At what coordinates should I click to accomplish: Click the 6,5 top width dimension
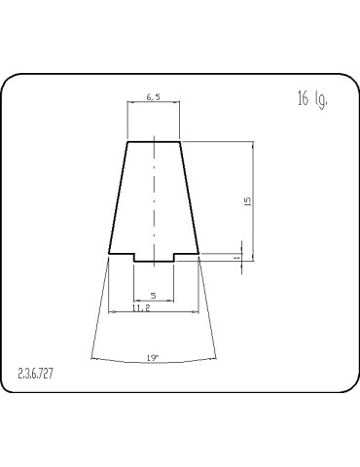[x=154, y=98]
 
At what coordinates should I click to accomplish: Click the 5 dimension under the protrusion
[x=153, y=295]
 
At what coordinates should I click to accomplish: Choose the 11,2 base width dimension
[x=140, y=307]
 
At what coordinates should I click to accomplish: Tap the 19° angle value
[x=153, y=358]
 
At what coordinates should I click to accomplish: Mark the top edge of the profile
[x=154, y=142]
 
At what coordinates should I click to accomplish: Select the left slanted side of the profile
[x=118, y=199]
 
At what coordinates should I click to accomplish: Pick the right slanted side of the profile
[x=190, y=199]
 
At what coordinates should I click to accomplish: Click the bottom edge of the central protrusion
[x=154, y=261]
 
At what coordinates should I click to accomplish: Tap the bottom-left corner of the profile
[x=108, y=255]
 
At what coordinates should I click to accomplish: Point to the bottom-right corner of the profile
[x=199, y=255]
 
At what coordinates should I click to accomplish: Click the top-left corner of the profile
[x=127, y=142]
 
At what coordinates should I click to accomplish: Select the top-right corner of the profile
[x=180, y=142]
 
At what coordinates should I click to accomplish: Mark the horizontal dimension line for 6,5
[x=154, y=105]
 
